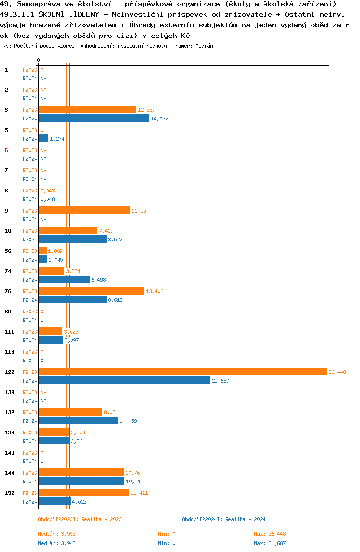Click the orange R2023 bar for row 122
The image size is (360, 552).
tap(182, 372)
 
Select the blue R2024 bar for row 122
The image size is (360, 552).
tap(124, 380)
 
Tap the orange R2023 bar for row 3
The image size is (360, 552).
tap(87, 110)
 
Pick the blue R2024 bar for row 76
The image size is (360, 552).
tap(72, 300)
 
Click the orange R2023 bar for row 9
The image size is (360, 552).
tap(84, 211)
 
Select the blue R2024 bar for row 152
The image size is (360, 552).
tap(55, 501)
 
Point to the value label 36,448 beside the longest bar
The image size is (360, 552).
tap(337, 372)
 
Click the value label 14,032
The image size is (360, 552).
tap(159, 119)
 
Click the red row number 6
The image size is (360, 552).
tap(6, 150)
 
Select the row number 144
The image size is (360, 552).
tap(9, 473)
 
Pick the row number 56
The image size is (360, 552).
tap(8, 251)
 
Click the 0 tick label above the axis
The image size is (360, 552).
tap(39, 60)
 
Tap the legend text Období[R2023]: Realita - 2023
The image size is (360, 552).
tap(80, 519)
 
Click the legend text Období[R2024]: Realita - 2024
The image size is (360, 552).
tap(224, 519)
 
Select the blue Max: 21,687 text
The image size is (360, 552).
tap(270, 543)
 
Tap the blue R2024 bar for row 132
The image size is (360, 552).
tap(78, 420)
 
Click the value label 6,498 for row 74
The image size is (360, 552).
tap(100, 280)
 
